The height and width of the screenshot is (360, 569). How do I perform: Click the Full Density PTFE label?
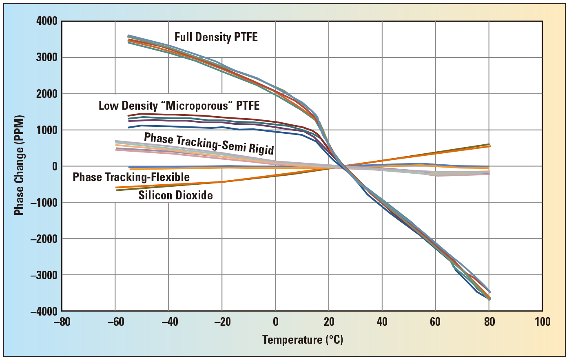tap(216, 37)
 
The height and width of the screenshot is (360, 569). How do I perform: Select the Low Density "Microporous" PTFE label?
tap(179, 106)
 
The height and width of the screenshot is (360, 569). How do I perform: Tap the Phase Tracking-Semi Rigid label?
tap(208, 144)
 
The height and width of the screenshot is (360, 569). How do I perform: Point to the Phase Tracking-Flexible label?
tap(131, 177)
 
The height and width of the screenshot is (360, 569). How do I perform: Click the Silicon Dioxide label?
tap(175, 195)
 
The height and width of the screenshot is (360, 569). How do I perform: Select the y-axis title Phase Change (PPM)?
tap(19, 165)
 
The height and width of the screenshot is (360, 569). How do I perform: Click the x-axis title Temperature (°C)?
tap(302, 340)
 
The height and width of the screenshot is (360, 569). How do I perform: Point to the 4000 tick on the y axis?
tap(47, 21)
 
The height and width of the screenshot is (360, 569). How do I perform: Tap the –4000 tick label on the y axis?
tap(44, 311)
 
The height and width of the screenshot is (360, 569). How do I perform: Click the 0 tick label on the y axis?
tap(54, 166)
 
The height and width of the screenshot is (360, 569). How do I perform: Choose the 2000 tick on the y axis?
tap(47, 94)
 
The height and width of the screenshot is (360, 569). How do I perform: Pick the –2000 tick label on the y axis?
tap(44, 239)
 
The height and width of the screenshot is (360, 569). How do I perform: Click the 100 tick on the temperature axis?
tap(542, 322)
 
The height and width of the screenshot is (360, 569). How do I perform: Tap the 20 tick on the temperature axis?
tap(329, 322)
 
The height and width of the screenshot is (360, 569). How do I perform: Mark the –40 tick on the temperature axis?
tap(169, 322)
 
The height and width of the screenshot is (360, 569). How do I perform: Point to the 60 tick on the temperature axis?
tap(435, 322)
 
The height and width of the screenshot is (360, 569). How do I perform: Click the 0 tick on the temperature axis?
tap(275, 322)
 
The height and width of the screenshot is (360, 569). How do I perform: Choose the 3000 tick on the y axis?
tap(47, 57)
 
